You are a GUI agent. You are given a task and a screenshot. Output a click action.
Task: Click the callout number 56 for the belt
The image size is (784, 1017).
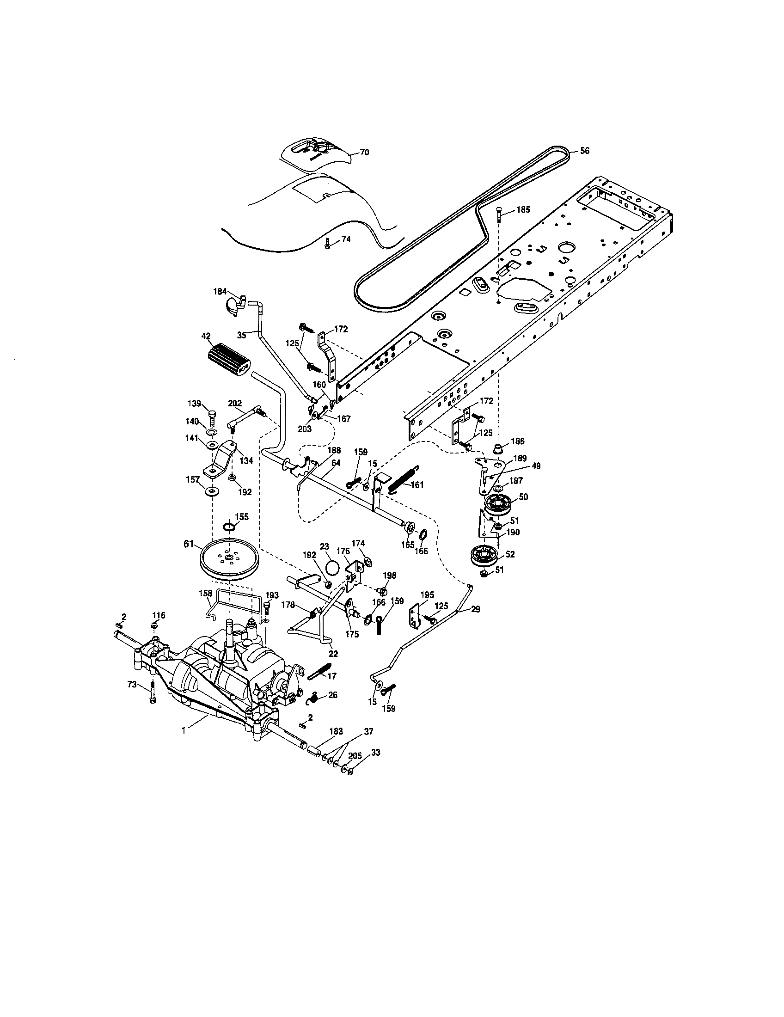pyautogui.click(x=585, y=151)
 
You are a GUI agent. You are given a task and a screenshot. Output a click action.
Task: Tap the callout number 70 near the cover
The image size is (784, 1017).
pyautogui.click(x=365, y=152)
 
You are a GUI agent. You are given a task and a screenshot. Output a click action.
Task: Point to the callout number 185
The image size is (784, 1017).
pyautogui.click(x=523, y=210)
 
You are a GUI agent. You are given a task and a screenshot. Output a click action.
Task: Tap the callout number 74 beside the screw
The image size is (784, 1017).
pyautogui.click(x=346, y=239)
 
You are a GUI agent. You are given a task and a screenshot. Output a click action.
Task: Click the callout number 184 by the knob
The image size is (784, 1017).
pyautogui.click(x=220, y=292)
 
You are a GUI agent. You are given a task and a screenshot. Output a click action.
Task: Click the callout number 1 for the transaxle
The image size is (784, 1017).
pyautogui.click(x=184, y=731)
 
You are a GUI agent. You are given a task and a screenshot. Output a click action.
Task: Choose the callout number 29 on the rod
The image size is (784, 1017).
pyautogui.click(x=475, y=609)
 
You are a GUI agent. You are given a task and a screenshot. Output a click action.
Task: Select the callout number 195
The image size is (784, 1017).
pyautogui.click(x=428, y=594)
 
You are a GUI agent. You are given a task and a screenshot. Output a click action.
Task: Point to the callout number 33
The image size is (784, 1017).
pyautogui.click(x=376, y=753)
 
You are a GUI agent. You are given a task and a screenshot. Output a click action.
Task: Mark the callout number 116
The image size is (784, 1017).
pyautogui.click(x=159, y=615)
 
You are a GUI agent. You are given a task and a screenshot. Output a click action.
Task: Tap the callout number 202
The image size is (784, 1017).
pyautogui.click(x=235, y=403)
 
